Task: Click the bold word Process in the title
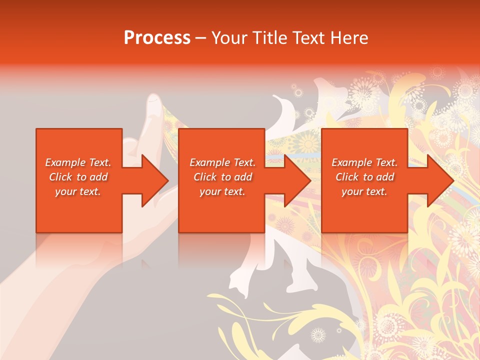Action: click(x=157, y=38)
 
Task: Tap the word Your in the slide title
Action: click(x=230, y=38)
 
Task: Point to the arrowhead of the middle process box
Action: click(x=297, y=180)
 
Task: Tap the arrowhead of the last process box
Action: click(x=440, y=180)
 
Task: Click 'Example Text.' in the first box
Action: click(x=78, y=162)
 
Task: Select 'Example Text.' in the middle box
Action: click(x=222, y=162)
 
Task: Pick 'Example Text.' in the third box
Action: click(x=364, y=162)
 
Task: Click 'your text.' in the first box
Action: click(x=78, y=191)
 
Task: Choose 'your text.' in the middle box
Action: click(x=222, y=191)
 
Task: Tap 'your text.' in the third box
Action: click(x=364, y=191)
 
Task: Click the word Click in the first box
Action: click(x=60, y=177)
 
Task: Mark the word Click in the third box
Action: click(x=347, y=177)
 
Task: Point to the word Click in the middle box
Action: click(x=205, y=177)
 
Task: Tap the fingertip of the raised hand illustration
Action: click(x=153, y=102)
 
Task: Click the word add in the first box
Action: click(x=98, y=177)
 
